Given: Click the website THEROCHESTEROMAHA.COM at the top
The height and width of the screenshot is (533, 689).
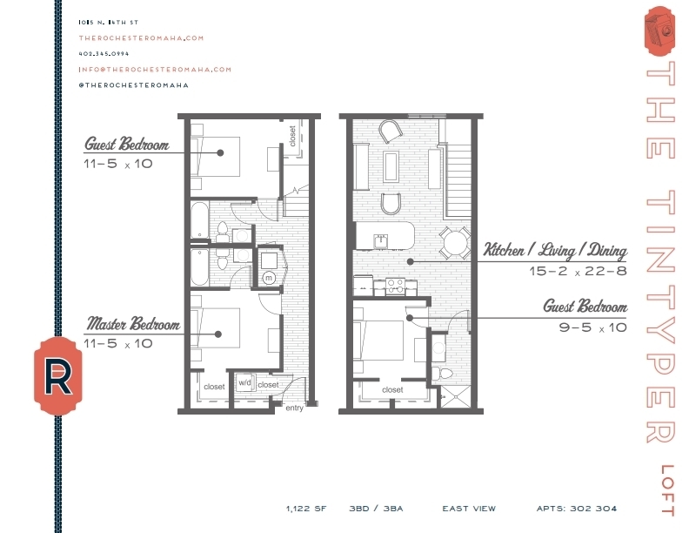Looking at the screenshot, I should click(x=140, y=38).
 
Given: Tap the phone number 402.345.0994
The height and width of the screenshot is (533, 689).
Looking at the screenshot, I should click(x=103, y=54).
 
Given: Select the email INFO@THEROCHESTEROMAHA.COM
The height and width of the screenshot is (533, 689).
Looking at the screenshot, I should click(x=155, y=70).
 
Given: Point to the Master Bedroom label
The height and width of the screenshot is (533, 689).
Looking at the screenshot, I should click(x=132, y=325).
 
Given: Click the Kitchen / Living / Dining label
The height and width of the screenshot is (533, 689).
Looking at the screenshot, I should click(x=555, y=252).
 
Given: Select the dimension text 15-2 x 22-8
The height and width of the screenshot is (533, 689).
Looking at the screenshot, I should click(x=577, y=271).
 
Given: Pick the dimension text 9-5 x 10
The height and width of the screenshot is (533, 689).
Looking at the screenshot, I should click(x=592, y=327).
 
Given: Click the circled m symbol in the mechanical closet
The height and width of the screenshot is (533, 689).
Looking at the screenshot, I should click(x=269, y=278).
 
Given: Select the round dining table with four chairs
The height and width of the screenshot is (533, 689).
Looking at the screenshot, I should click(x=453, y=243).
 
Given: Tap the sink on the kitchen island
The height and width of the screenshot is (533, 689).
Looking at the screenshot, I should click(x=379, y=237).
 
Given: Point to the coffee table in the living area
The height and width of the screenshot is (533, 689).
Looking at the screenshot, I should click(x=392, y=166).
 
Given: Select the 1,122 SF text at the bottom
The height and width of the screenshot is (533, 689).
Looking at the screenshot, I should click(x=304, y=508).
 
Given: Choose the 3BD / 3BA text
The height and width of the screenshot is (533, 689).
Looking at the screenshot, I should click(x=375, y=508).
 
